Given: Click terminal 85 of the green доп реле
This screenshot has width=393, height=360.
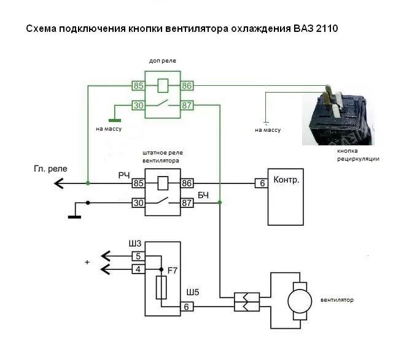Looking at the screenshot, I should tap(138, 86).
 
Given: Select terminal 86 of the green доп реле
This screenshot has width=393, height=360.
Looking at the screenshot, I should tap(187, 86).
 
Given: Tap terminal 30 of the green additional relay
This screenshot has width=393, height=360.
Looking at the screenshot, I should tap(138, 105).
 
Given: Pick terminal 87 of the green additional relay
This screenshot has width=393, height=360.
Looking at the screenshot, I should tap(187, 105).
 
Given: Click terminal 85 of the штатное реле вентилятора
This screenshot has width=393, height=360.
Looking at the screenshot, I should tap(138, 183).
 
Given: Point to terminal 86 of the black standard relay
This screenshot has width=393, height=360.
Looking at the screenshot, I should tap(187, 183).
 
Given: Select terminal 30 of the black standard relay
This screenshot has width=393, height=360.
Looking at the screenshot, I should tap(138, 203).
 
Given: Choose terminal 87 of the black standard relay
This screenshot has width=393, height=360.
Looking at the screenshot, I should tap(187, 203).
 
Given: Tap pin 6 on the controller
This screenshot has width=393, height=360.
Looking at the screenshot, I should tap(261, 183).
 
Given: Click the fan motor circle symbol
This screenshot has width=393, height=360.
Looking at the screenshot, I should tap(300, 301).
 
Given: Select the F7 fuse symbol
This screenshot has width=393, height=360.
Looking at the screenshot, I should tap(162, 286).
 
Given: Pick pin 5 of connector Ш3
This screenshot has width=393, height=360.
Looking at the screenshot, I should tap(138, 256).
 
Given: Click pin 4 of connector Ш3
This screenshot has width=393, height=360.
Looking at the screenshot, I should tap(138, 268).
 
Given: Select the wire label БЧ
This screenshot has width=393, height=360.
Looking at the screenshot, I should tap(203, 195).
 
